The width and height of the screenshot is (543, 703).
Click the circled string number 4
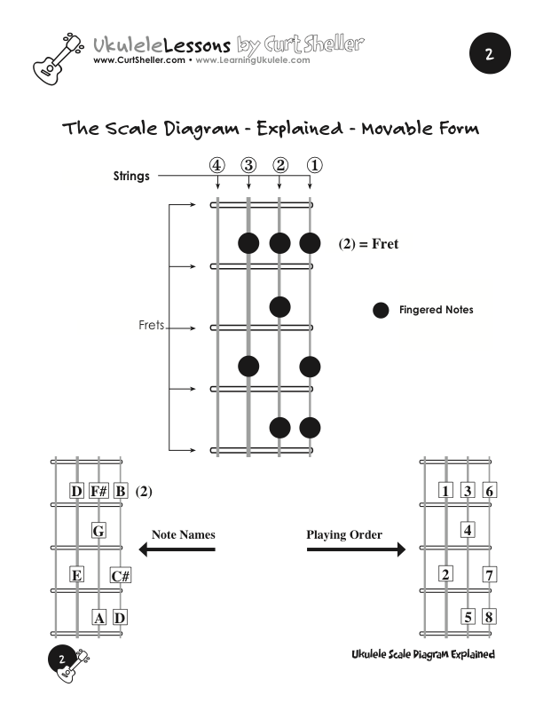point(218,165)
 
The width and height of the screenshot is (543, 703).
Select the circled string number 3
point(248,165)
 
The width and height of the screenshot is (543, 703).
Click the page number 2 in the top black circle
point(488,54)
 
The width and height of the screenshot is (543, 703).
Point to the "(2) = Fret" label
point(368,244)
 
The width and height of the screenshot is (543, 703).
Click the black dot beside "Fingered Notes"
point(381,310)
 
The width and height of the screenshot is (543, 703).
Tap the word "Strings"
point(131,176)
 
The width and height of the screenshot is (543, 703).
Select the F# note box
point(98,491)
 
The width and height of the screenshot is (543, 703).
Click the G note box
point(98,532)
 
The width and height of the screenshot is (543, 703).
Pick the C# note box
point(122,576)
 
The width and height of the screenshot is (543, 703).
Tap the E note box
point(76,576)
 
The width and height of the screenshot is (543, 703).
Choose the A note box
point(99,617)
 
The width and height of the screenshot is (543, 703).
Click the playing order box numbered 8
point(489,617)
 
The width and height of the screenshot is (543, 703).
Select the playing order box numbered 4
point(467,532)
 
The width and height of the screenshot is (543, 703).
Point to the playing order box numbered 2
point(445,574)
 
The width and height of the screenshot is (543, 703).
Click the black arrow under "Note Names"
point(177,550)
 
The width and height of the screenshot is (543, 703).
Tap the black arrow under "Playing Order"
point(356,550)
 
